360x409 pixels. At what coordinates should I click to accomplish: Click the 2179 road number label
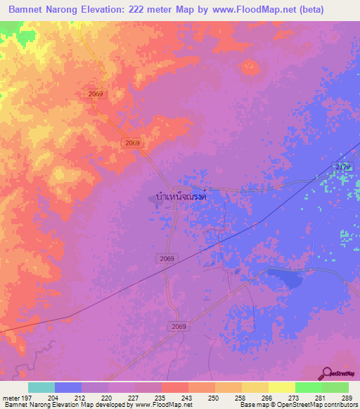(342, 166)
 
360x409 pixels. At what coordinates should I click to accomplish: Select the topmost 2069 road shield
(97, 93)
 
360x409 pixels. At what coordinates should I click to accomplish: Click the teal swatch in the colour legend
(41, 387)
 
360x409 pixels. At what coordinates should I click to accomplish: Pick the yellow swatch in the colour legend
(282, 387)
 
